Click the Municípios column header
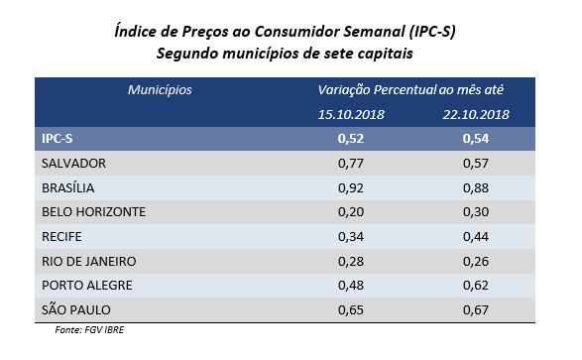tap(160, 90)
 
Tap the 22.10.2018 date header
tap(477, 114)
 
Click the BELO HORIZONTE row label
tap(94, 211)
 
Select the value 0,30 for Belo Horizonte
tap(477, 211)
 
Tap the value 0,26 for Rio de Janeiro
tap(477, 261)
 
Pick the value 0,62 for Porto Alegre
tap(477, 285)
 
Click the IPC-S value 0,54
tap(477, 139)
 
